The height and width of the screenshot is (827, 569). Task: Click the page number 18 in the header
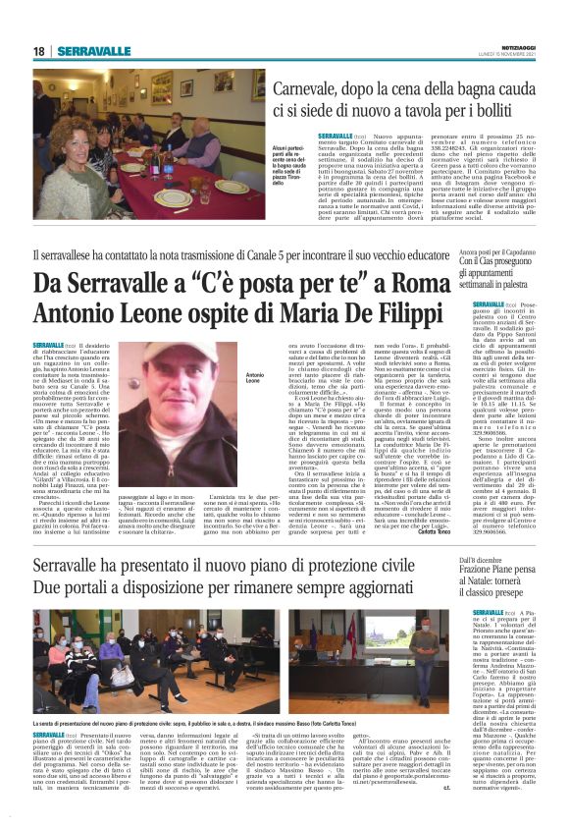click(39, 51)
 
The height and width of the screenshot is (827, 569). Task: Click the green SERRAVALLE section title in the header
click(93, 51)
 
